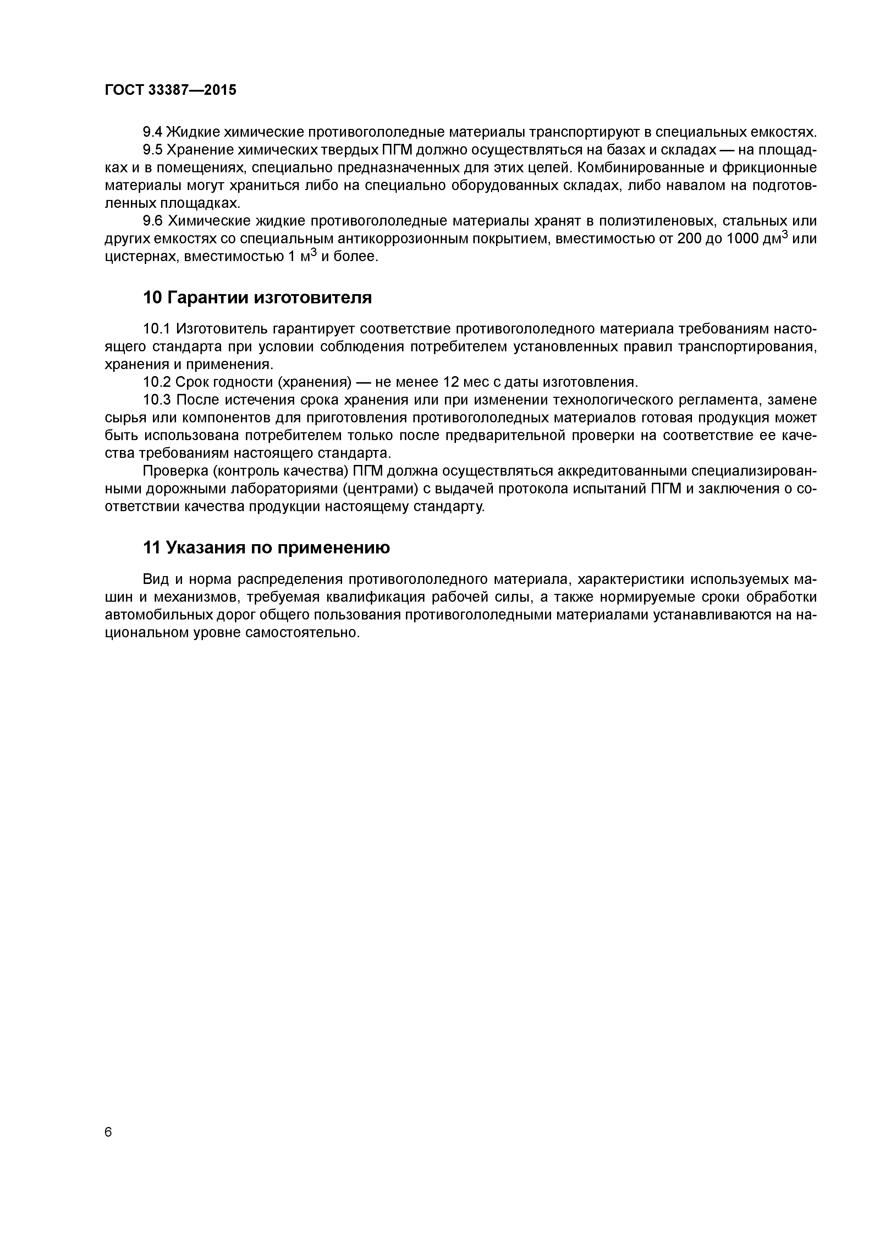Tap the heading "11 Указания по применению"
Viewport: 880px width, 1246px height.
266,548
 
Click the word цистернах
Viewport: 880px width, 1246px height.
142,257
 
